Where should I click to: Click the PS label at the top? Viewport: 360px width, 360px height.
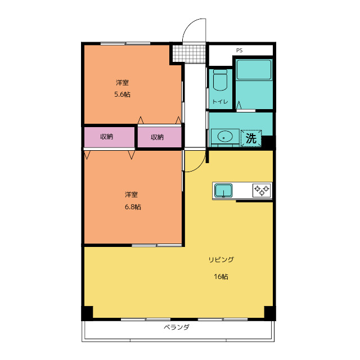click(239, 50)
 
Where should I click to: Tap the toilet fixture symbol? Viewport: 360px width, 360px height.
click(220, 80)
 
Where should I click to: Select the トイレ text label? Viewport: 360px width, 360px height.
click(220, 101)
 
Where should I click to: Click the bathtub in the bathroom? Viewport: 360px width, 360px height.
click(254, 70)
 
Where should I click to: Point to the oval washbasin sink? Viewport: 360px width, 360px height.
click(225, 137)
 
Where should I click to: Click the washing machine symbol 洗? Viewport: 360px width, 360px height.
click(251, 138)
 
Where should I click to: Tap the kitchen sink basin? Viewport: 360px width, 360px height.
click(223, 190)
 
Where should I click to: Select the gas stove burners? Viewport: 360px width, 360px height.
click(262, 190)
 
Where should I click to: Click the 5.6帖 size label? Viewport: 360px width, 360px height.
click(123, 94)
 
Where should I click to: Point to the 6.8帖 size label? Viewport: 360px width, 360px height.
click(133, 207)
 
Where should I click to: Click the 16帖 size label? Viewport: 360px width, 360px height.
click(221, 277)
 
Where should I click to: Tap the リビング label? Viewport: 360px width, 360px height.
click(221, 260)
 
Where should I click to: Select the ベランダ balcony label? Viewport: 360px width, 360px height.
click(177, 327)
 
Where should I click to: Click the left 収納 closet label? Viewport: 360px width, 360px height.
click(107, 137)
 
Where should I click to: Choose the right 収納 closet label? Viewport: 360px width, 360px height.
click(157, 137)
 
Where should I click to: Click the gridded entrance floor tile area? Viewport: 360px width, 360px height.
click(189, 54)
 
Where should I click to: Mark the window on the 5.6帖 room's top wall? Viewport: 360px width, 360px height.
click(125, 43)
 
